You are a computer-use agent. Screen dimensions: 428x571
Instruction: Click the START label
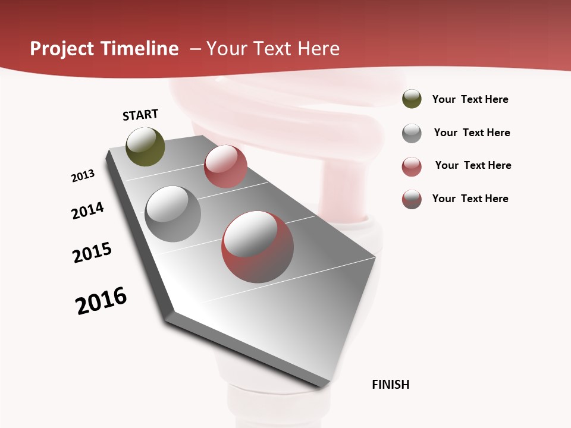pos(140,115)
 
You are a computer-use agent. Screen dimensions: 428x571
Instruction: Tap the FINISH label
pos(390,385)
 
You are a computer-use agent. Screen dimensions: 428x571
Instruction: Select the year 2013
pos(83,176)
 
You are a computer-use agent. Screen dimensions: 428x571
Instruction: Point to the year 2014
pos(87,211)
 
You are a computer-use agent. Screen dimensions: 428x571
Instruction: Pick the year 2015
pos(92,253)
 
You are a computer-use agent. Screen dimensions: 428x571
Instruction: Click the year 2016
pos(101,301)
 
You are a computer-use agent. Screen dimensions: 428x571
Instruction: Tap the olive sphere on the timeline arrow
pos(145,147)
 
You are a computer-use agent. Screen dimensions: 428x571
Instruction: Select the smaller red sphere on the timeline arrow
pos(225,166)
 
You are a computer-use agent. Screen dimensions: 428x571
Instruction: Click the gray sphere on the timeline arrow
pos(173,214)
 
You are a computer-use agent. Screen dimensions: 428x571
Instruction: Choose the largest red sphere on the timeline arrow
pos(258,247)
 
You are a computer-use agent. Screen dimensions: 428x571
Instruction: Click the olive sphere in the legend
pos(412,99)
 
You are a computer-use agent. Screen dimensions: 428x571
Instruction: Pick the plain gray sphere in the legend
pos(412,133)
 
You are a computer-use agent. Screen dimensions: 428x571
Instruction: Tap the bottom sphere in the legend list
pos(412,199)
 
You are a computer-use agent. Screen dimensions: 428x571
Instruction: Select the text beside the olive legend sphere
pos(470,99)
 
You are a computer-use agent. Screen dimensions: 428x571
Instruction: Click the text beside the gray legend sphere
pos(472,133)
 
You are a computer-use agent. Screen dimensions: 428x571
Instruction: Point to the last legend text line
pos(470,199)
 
